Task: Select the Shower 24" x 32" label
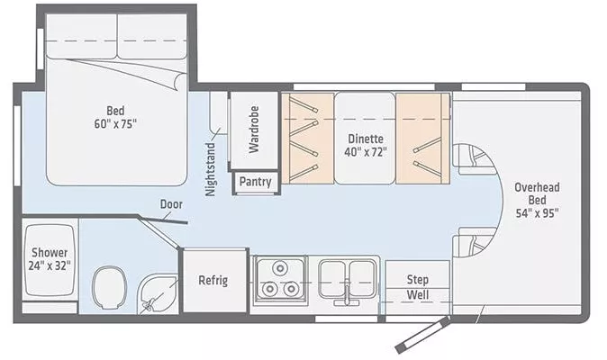50,258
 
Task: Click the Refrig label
213,280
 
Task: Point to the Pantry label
256,182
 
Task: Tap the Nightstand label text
212,169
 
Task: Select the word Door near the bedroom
171,204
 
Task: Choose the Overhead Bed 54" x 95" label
537,200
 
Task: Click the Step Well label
417,287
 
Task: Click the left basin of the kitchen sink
334,274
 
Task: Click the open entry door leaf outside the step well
421,334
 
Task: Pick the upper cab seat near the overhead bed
472,159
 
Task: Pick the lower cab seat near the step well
474,243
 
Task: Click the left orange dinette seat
307,138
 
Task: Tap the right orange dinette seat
421,138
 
